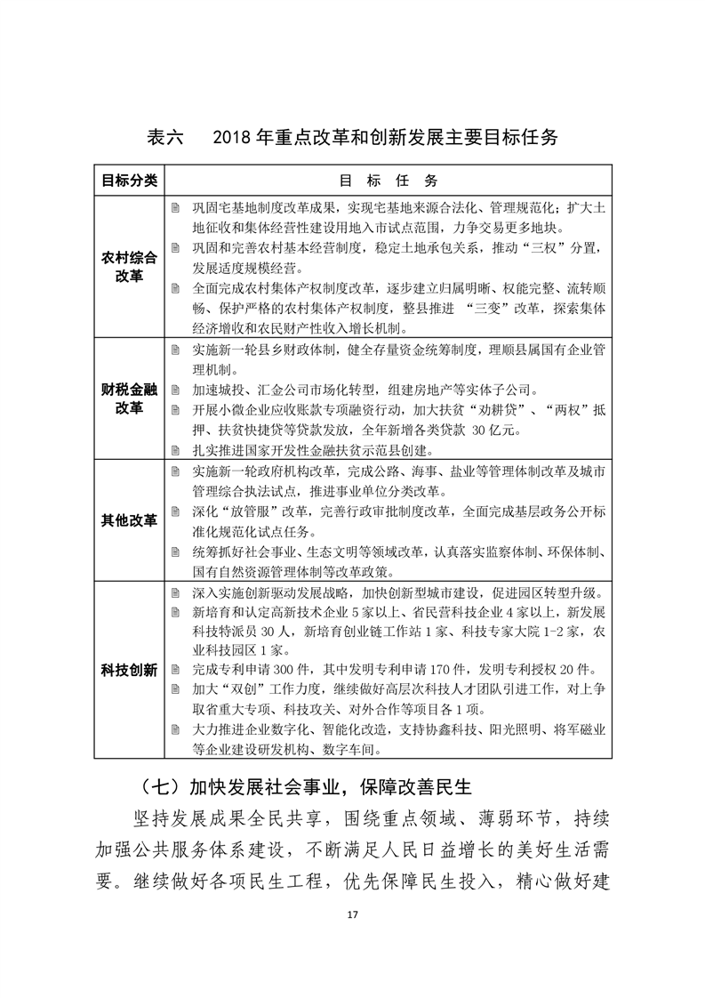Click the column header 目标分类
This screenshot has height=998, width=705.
(129, 181)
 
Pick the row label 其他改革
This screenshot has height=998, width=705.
(129, 520)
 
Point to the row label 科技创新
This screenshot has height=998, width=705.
(129, 669)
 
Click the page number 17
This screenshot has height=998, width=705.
(353, 914)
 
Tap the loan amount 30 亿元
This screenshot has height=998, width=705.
(493, 431)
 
